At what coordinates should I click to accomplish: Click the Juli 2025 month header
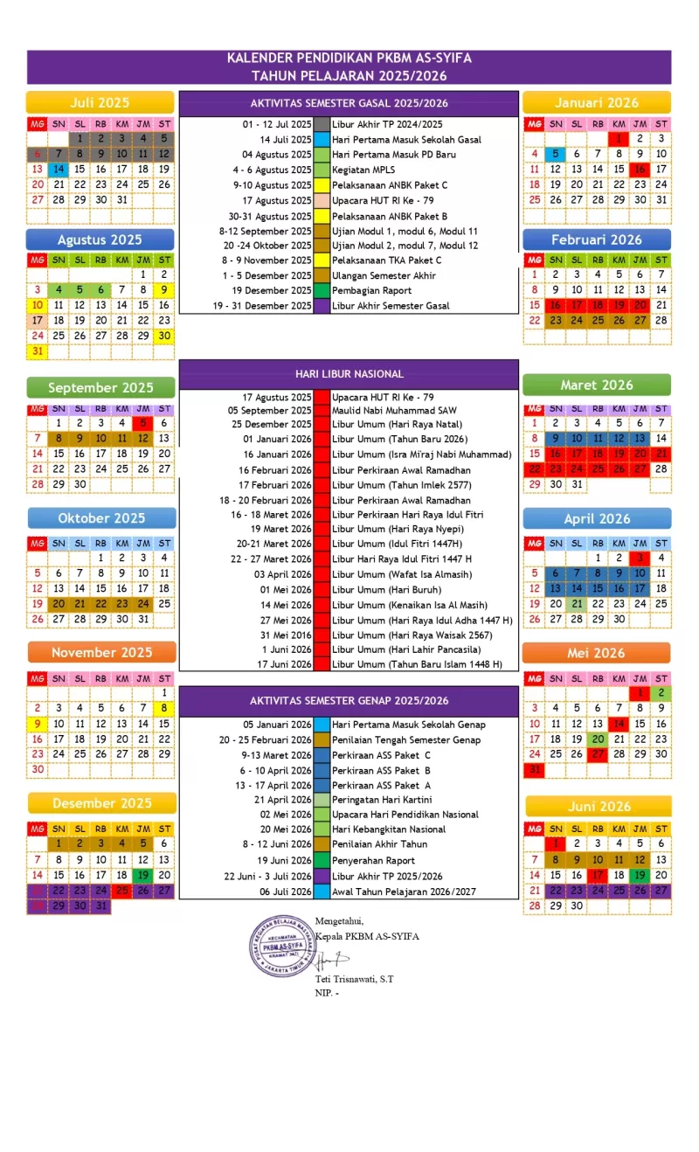pyautogui.click(x=100, y=102)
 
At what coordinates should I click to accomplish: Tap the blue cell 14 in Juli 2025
pyautogui.click(x=59, y=169)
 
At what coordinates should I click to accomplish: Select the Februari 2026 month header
pyautogui.click(x=597, y=239)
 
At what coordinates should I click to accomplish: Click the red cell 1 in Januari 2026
pyautogui.click(x=619, y=138)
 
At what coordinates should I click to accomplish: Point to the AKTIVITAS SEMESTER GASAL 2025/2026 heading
pyautogui.click(x=349, y=102)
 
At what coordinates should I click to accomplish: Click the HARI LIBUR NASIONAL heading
pyautogui.click(x=349, y=373)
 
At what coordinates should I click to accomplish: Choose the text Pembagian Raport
pyautogui.click(x=370, y=290)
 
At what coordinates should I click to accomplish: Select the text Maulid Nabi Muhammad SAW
pyautogui.click(x=394, y=410)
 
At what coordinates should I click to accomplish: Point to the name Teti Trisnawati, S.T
pyautogui.click(x=355, y=979)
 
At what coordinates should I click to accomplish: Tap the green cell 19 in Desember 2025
pyautogui.click(x=142, y=875)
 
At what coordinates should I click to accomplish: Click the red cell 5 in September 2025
pyautogui.click(x=142, y=423)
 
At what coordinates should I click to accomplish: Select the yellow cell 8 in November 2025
pyautogui.click(x=163, y=708)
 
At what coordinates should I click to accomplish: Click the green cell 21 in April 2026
pyautogui.click(x=576, y=604)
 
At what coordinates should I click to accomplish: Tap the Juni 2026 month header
pyautogui.click(x=597, y=806)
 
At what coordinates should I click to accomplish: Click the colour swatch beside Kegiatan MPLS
pyautogui.click(x=322, y=170)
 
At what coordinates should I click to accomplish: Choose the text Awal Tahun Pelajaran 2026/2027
pyautogui.click(x=404, y=892)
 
